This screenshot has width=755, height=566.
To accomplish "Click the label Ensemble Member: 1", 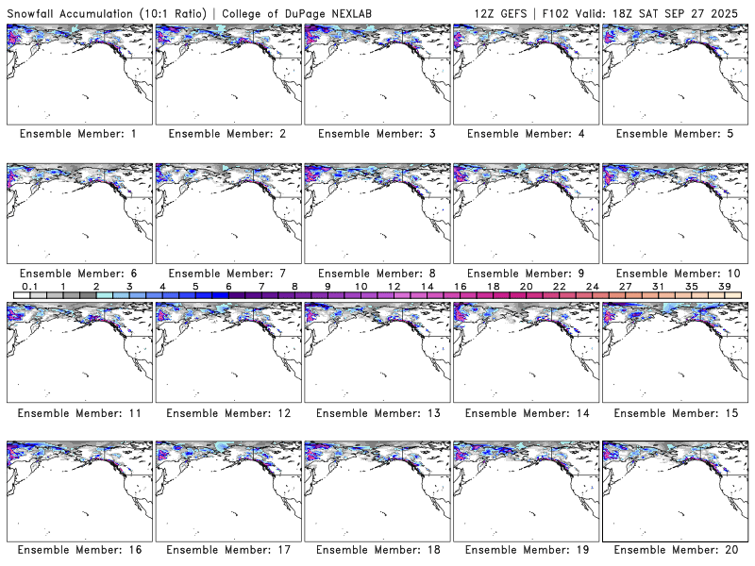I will click(x=78, y=134).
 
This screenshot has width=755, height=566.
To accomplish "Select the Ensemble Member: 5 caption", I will click(x=674, y=134).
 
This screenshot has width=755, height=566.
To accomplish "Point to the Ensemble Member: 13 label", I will click(x=376, y=412).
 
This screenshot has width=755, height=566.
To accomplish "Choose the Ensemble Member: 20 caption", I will click(x=674, y=549).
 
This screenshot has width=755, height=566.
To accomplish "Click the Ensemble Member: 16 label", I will click(x=78, y=549).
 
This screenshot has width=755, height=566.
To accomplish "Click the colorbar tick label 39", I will click(x=724, y=286).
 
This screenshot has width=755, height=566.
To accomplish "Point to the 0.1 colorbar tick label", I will click(x=29, y=286).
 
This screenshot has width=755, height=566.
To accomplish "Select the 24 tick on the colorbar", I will click(x=592, y=286).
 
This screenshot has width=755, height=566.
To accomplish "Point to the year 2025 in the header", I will click(x=731, y=11).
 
